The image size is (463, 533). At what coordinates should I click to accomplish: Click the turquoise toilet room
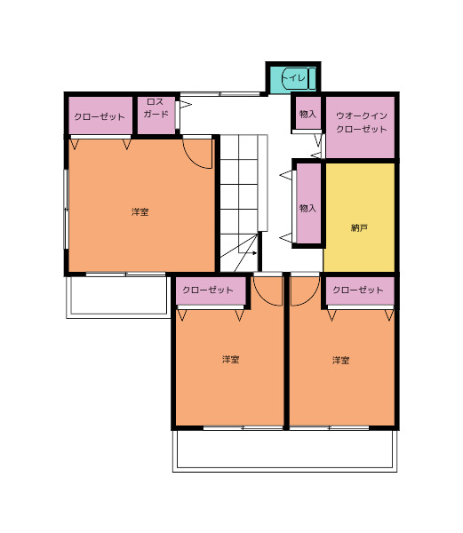[x=293, y=79]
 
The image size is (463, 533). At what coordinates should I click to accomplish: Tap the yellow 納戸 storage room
[x=359, y=218]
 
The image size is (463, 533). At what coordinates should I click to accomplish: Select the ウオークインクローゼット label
[x=362, y=123]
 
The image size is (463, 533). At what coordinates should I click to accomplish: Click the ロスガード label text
[x=156, y=107]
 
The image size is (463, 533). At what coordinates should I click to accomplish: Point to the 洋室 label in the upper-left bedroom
[x=140, y=211]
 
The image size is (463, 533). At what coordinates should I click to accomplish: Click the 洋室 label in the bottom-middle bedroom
[x=231, y=359]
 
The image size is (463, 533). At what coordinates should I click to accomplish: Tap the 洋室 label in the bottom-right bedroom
[x=341, y=360]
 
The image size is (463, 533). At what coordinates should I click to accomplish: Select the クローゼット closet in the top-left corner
[x=100, y=115]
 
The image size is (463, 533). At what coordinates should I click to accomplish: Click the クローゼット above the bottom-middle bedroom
[x=211, y=290]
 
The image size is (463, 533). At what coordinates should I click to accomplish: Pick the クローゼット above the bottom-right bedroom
[x=360, y=290]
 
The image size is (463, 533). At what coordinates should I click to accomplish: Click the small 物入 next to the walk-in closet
[x=307, y=113]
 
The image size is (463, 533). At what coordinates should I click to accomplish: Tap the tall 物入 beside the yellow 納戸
[x=308, y=203]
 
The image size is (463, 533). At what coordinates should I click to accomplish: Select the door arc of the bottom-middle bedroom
[x=263, y=298]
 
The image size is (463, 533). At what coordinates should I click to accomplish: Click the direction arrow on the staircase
[x=247, y=253]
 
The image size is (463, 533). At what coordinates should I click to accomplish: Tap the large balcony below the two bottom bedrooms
[x=285, y=450]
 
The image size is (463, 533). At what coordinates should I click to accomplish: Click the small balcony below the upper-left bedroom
[x=118, y=297]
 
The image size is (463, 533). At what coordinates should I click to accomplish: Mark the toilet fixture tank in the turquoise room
[x=312, y=78]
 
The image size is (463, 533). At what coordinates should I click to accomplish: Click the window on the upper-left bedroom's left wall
[x=67, y=210]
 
